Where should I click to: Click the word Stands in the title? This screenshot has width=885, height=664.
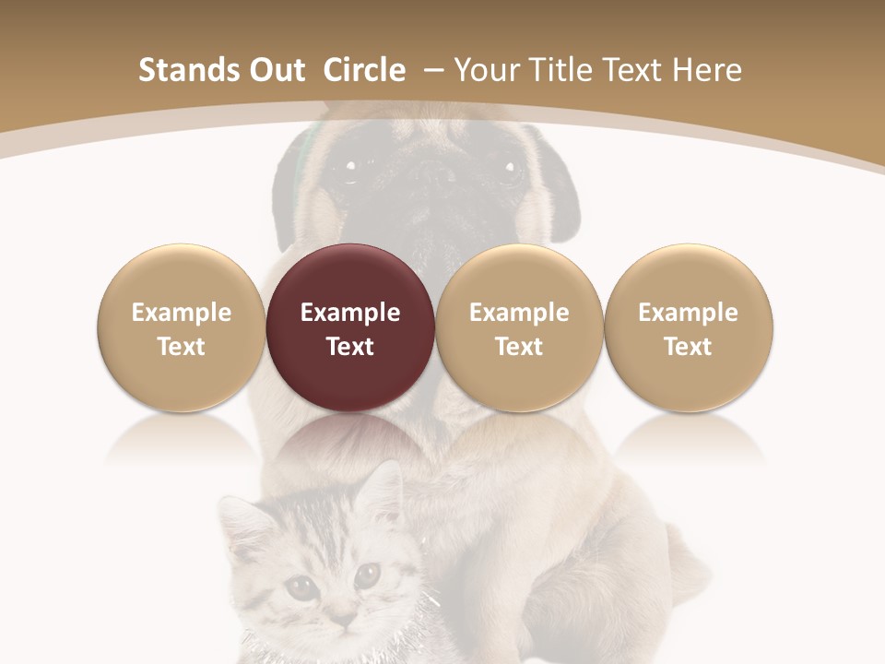point(182,70)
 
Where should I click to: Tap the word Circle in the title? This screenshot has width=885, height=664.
point(364,70)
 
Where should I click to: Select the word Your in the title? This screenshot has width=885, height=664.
point(487,70)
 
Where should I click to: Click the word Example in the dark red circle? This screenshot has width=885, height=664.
point(350,313)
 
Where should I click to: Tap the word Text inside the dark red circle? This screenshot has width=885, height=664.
point(350,347)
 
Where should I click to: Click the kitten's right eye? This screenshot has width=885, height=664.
point(367,575)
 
